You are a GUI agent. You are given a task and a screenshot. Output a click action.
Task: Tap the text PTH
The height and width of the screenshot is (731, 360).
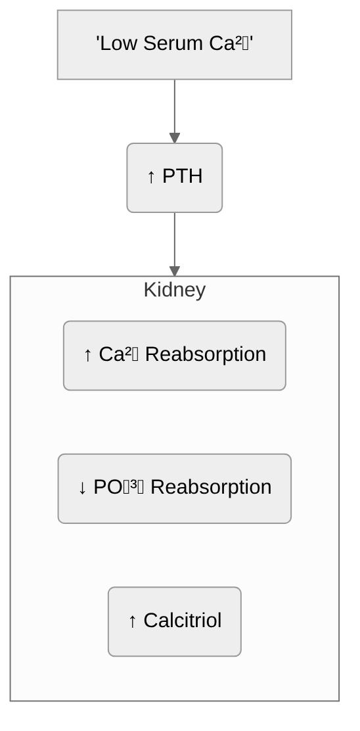[x=182, y=177]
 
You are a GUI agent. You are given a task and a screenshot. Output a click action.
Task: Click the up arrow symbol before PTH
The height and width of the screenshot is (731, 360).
[x=151, y=177]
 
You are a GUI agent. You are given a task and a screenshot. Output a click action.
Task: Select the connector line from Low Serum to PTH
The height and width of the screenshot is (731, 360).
[x=175, y=105]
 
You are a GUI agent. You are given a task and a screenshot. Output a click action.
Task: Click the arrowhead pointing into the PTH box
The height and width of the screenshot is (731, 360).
[x=175, y=138]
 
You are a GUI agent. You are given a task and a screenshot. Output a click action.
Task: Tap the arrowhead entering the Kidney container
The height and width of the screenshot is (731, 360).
[x=175, y=271]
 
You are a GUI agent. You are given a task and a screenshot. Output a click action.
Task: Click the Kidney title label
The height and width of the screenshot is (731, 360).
[x=175, y=290]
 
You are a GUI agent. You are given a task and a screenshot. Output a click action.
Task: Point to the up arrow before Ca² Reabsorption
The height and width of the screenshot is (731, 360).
[x=88, y=355]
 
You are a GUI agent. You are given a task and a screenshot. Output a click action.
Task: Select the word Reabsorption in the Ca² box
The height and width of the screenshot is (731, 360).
[x=205, y=355]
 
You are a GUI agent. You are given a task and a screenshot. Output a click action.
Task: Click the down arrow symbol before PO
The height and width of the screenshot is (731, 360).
[x=82, y=488]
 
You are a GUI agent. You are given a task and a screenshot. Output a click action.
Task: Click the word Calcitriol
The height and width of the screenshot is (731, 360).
[x=183, y=621]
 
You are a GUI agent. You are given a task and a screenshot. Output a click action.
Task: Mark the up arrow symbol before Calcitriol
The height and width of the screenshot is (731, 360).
[x=132, y=621]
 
